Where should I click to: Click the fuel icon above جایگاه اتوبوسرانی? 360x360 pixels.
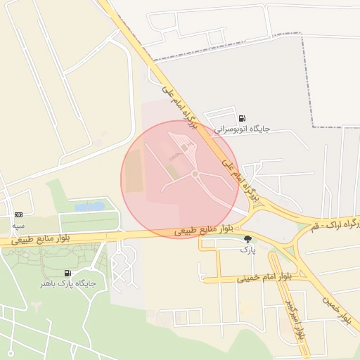coord(242,119)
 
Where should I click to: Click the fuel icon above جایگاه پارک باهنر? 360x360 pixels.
coord(67,273)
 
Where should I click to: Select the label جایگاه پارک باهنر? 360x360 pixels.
coord(67,283)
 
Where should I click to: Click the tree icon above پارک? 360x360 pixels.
coord(247,239)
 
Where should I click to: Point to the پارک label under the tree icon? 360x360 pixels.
coord(247,250)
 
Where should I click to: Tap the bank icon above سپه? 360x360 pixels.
coord(18,214)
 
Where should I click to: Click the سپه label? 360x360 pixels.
coord(18,225)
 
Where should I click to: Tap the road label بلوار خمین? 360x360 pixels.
coord(336,309)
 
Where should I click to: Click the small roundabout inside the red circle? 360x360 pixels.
coord(195,174)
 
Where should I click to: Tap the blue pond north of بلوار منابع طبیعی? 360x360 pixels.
coord(89,207)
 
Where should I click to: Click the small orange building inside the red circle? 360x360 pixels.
coord(185,148)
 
